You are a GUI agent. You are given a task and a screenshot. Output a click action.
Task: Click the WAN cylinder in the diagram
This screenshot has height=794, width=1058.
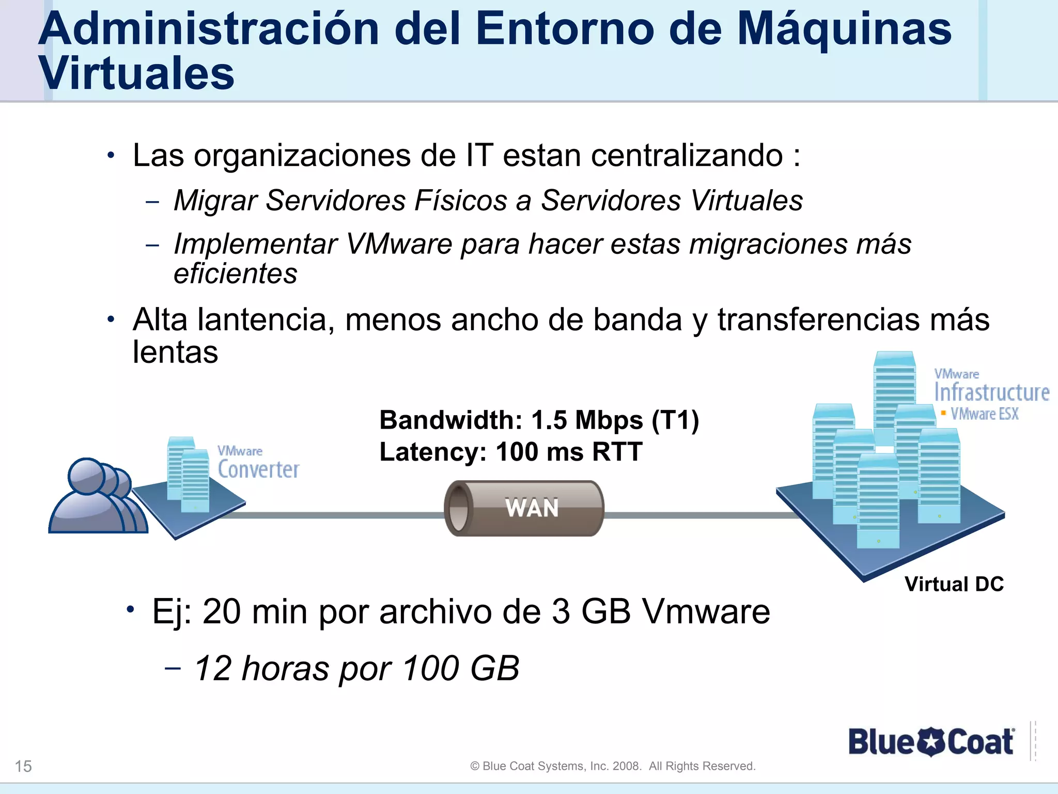[x=524, y=508]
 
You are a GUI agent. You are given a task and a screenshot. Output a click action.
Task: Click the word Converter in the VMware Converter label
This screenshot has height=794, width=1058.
[x=258, y=469]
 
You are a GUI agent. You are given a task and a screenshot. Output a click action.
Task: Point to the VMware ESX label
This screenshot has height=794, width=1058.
[x=984, y=414]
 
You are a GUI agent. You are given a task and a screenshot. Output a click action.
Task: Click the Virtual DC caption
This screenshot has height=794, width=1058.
[x=954, y=584]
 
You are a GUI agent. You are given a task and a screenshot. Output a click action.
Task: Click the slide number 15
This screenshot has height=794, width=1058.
[x=23, y=766]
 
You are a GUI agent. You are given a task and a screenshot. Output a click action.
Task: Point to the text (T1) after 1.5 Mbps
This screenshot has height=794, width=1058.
[x=675, y=420]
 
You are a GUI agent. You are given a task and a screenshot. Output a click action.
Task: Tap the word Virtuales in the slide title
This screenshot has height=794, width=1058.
[x=136, y=73]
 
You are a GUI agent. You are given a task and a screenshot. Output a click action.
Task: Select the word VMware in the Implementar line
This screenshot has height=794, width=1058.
[x=399, y=244]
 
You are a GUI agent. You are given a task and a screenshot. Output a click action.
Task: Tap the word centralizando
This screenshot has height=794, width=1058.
[x=687, y=155]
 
